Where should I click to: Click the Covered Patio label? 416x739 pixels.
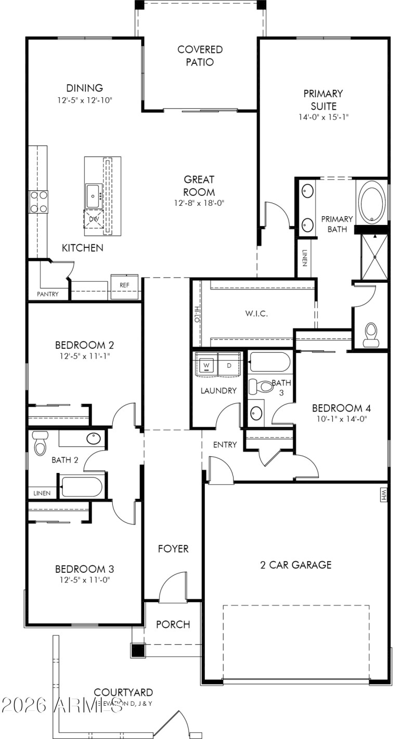200,56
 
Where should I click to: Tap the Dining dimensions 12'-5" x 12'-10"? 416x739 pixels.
84,100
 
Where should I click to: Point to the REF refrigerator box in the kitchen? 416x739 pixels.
124,285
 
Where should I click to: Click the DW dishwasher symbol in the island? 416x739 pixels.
94,219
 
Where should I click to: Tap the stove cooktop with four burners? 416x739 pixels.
38,202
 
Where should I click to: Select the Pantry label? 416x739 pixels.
47,294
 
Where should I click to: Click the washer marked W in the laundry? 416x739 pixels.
206,365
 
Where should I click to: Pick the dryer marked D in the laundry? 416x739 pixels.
228,365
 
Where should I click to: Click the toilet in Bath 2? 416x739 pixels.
40,443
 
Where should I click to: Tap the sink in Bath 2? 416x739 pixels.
94,438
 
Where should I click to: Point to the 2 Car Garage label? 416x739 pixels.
295,565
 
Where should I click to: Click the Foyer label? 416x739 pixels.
173,549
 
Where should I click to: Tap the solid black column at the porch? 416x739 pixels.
137,650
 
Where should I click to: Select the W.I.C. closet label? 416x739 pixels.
256,313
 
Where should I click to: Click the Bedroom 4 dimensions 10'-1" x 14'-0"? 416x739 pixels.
341,418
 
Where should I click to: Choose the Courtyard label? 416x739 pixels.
123,692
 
